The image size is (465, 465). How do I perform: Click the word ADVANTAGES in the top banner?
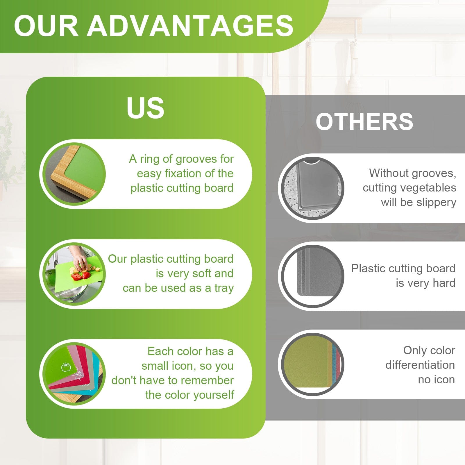click(190, 26)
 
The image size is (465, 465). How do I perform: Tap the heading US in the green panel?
click(145, 108)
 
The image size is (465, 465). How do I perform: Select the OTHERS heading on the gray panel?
click(364, 121)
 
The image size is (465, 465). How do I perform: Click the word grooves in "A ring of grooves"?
click(196, 159)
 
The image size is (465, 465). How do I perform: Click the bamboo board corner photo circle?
click(74, 174)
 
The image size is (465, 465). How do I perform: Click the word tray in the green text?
click(224, 288)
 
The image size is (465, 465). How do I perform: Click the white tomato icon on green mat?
click(66, 367)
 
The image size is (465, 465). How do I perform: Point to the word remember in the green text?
click(208, 380)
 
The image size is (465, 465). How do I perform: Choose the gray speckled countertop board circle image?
click(312, 188)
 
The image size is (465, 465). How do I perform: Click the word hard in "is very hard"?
click(444, 283)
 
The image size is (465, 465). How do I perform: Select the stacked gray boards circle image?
click(312, 276)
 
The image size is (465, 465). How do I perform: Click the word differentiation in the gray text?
click(420, 365)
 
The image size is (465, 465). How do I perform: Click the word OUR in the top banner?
click(46, 26)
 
